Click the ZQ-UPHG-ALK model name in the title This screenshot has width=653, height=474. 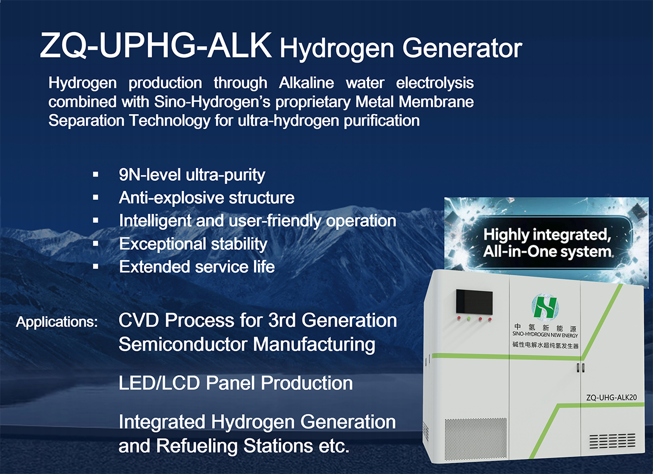click(156, 46)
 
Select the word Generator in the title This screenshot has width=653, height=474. click(463, 48)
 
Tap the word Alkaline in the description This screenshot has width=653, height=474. click(306, 83)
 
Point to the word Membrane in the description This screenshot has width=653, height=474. click(436, 102)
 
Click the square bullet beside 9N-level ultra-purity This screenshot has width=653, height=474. click(95, 175)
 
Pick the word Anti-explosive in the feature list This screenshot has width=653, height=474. click(171, 198)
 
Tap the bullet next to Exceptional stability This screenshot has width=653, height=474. click(95, 243)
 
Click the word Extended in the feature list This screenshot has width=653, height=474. click(155, 267)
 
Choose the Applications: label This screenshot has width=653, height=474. click(57, 322)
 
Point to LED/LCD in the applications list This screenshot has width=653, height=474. click(159, 383)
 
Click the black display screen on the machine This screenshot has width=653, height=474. click(475, 302)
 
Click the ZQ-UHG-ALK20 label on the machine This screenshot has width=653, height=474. click(611, 398)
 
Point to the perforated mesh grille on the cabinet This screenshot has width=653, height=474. click(476, 439)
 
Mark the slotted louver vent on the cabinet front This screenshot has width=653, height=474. click(612, 441)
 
